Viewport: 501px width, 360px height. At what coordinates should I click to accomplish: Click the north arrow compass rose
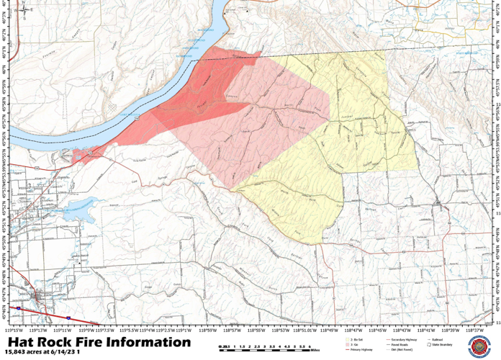pyautogui.click(x=26, y=10)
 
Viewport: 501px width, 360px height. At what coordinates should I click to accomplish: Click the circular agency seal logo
pyautogui.click(x=477, y=346)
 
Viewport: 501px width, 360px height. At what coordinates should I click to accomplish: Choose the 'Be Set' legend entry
pyautogui.click(x=354, y=338)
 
